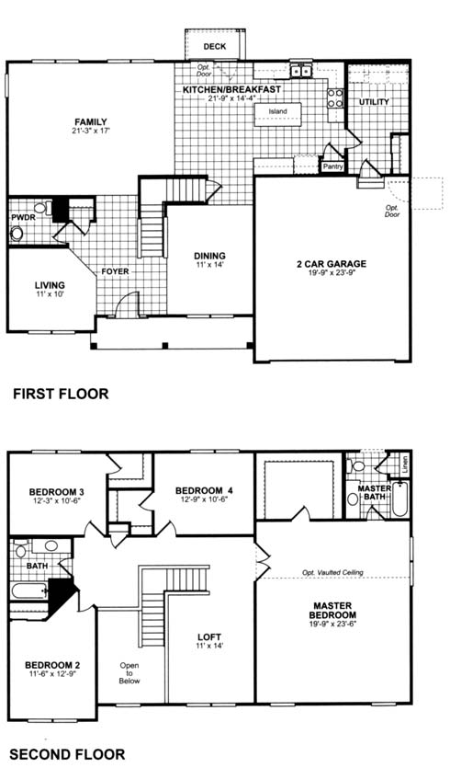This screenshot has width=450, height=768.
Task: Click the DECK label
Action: click(215, 47)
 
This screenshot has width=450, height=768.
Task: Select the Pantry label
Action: click(332, 167)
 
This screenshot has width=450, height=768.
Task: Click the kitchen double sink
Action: click(301, 72)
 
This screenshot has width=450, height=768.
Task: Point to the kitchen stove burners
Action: click(335, 97)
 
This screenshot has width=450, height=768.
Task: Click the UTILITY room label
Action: click(374, 102)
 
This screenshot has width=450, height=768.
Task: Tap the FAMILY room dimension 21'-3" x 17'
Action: click(91, 131)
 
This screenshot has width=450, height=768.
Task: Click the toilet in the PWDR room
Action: click(17, 233)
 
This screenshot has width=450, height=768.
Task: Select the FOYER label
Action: click(115, 271)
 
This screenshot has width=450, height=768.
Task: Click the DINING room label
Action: click(209, 256)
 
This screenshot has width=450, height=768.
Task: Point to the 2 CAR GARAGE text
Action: click(332, 264)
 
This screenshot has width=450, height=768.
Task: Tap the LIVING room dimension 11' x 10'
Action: click(50, 294)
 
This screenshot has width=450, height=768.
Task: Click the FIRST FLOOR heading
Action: click(61, 394)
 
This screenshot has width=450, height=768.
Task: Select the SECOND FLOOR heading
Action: click(67, 754)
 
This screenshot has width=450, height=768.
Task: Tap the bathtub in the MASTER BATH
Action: click(399, 499)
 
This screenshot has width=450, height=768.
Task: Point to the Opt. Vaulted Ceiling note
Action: click(332, 573)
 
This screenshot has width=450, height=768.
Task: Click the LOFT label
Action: click(209, 637)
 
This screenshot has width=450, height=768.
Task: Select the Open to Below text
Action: click(129, 673)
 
